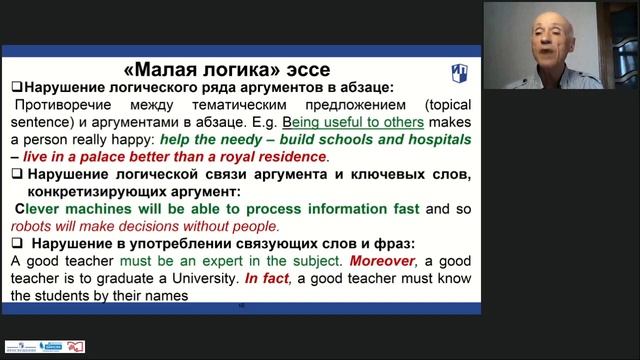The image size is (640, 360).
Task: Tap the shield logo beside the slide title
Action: click(x=450, y=72)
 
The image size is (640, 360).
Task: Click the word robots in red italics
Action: click(x=32, y=226)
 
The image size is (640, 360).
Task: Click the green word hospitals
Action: click(x=438, y=139)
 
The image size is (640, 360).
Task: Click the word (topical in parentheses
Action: click(x=446, y=104)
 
